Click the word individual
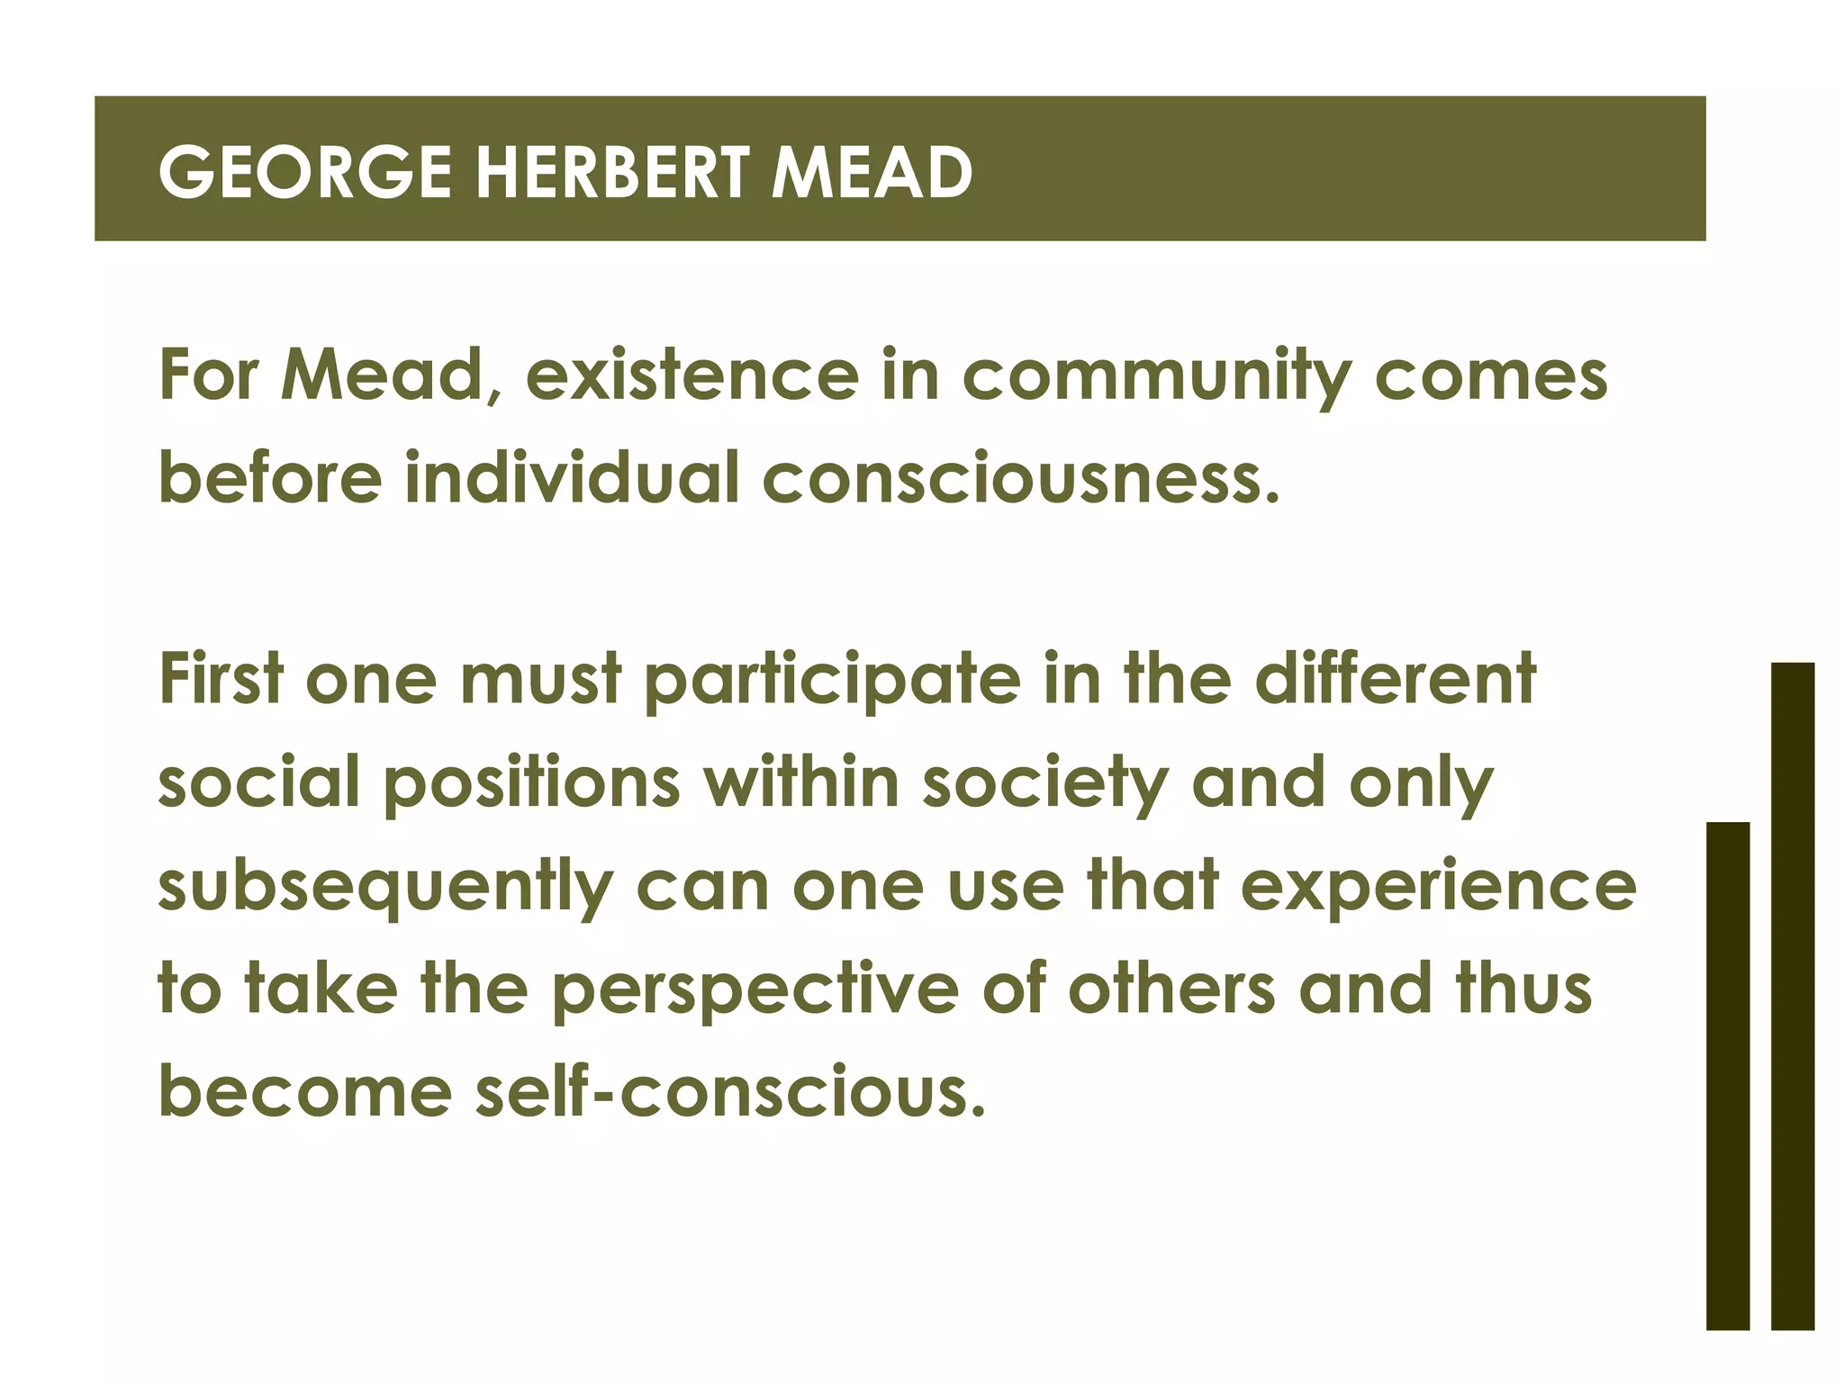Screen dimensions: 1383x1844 coord(572,476)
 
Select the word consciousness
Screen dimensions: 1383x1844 coord(1019,478)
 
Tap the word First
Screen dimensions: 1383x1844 coord(221,680)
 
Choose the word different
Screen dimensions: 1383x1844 coord(1396,680)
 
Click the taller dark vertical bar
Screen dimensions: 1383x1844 coord(1792,995)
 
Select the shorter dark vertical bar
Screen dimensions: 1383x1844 coord(1727,1075)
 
